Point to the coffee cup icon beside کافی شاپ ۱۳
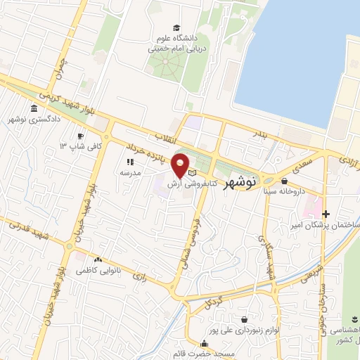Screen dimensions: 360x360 [82, 136]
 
